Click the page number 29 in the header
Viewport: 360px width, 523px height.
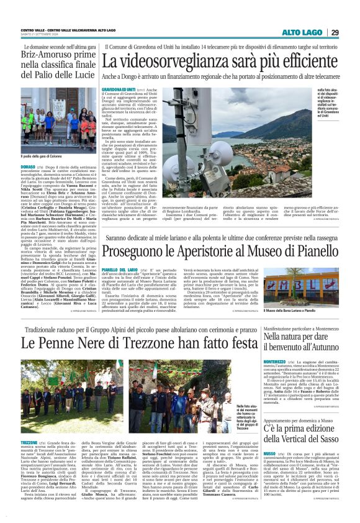pyautogui.click(x=335, y=32)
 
